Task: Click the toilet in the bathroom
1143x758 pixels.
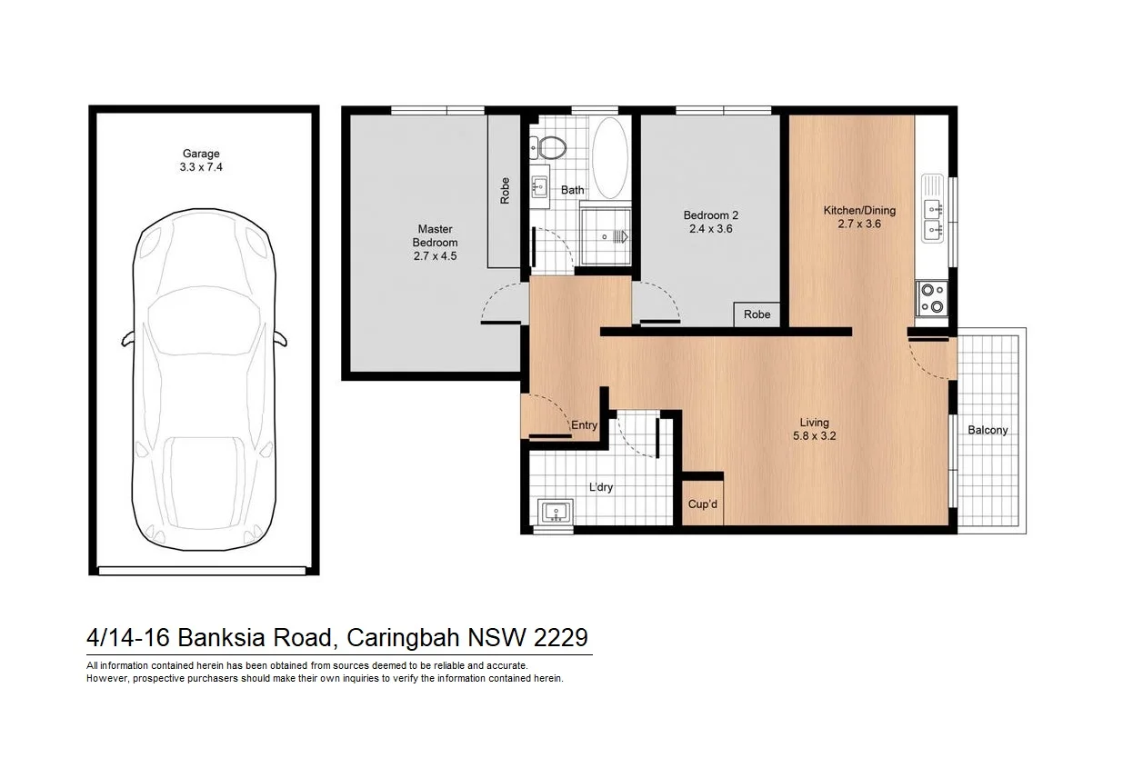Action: point(549,146)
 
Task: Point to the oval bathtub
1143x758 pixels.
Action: point(609,158)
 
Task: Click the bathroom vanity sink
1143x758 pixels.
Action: point(539,189)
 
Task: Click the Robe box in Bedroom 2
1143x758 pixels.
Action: point(757,314)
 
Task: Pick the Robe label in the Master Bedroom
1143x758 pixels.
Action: point(505,190)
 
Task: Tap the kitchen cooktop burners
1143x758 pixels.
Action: point(932,299)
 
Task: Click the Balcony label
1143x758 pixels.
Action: point(988,430)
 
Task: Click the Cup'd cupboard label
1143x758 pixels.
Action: point(703,504)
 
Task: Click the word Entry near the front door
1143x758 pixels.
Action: point(584,425)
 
